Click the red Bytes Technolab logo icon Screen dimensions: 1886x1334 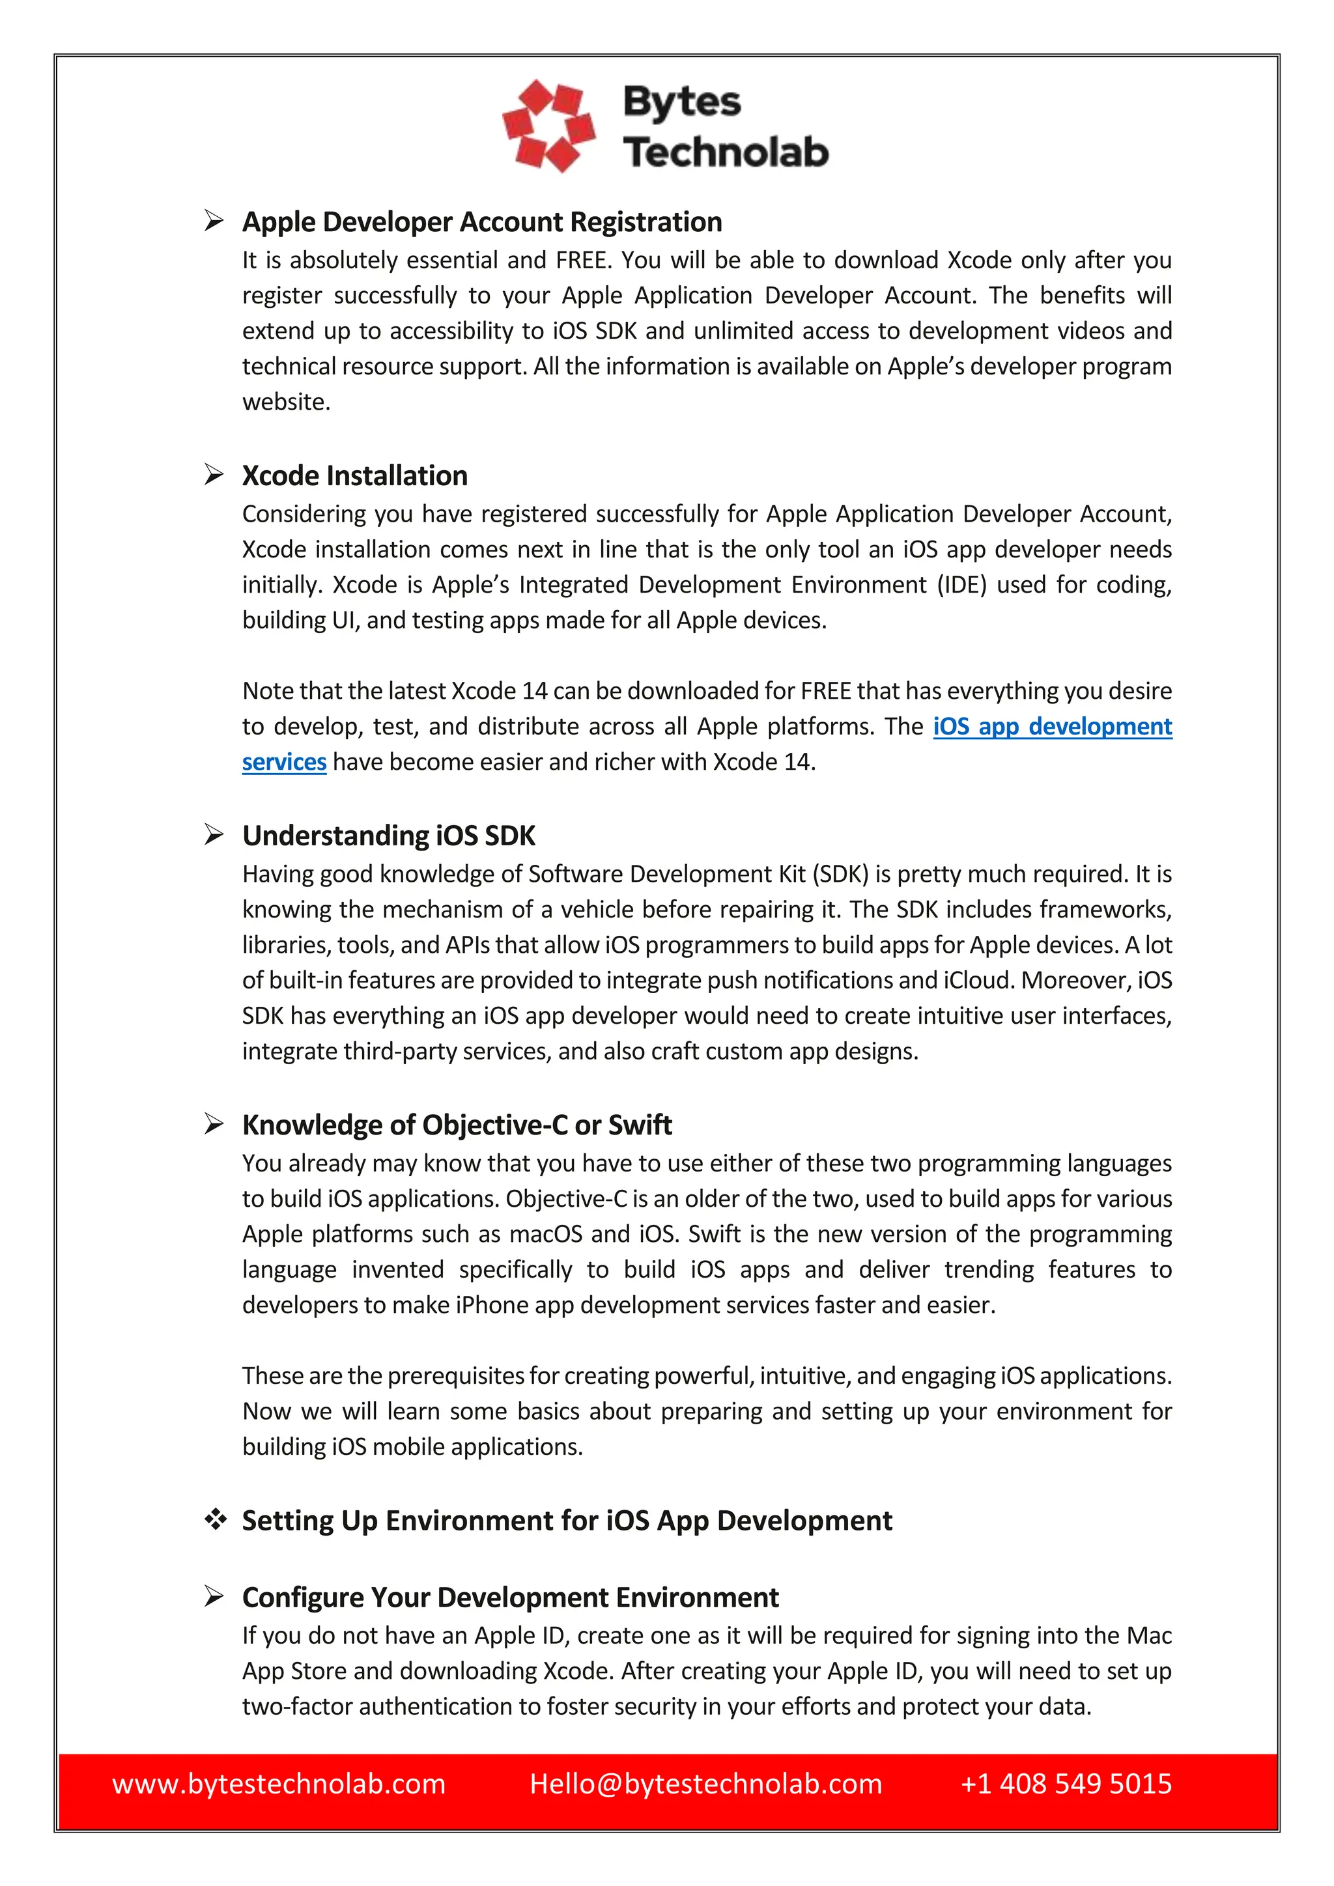click(548, 126)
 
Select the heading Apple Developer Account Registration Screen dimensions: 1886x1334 click(481, 222)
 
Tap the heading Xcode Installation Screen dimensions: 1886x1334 click(354, 475)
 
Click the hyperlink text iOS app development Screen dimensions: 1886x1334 click(1052, 727)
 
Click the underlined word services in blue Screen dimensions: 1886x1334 click(283, 763)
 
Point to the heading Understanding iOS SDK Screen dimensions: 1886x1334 click(388, 836)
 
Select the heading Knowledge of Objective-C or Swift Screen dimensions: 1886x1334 click(457, 1125)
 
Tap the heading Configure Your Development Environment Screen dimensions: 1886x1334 click(509, 1597)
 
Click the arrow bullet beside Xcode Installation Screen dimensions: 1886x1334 click(214, 475)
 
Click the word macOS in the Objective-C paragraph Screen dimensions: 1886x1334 click(545, 1235)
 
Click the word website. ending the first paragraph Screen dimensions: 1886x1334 click(286, 402)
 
